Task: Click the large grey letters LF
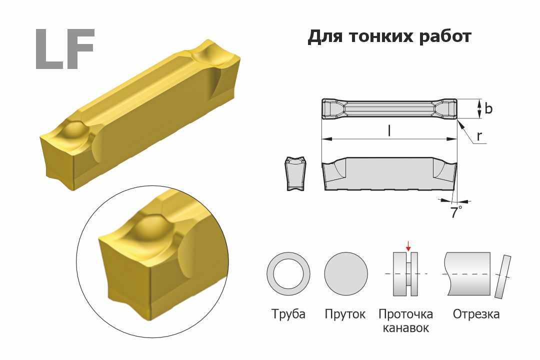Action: [64, 49]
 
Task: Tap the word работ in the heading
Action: [445, 36]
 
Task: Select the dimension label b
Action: [488, 108]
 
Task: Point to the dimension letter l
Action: [389, 131]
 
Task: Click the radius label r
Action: [479, 137]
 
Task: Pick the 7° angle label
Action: [456, 212]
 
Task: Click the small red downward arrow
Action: [408, 246]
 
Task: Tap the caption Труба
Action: [288, 314]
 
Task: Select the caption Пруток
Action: [345, 314]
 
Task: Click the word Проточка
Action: [405, 314]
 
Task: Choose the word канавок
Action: [405, 327]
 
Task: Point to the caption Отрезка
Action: [476, 314]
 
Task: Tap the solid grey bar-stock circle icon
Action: [346, 273]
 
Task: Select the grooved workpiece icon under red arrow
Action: [405, 274]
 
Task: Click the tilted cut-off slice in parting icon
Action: [503, 276]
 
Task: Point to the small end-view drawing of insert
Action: [295, 173]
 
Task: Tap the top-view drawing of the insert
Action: [389, 109]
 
